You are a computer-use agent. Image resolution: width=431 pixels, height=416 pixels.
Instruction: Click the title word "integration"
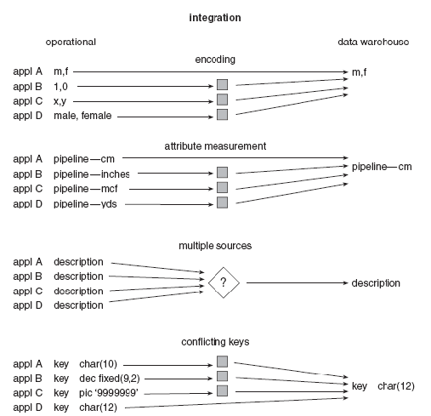pyautogui.click(x=215, y=18)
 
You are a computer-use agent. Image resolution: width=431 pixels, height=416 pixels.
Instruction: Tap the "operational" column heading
pyautogui.click(x=71, y=43)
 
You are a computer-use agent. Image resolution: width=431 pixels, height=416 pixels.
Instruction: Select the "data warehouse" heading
pyautogui.click(x=373, y=42)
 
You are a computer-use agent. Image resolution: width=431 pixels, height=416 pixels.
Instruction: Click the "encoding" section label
pyautogui.click(x=215, y=60)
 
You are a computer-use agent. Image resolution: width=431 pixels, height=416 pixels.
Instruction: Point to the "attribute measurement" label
pyautogui.click(x=215, y=146)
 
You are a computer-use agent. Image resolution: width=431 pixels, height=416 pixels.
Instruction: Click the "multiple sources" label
pyautogui.click(x=215, y=246)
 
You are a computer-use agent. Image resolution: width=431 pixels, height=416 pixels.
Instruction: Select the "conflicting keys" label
pyautogui.click(x=215, y=342)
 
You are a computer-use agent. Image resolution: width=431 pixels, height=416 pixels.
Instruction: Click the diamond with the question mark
pyautogui.click(x=224, y=282)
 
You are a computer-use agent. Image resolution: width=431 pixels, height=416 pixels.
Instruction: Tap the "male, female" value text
pyautogui.click(x=82, y=116)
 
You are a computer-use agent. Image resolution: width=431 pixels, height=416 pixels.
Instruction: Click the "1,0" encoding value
pyautogui.click(x=60, y=87)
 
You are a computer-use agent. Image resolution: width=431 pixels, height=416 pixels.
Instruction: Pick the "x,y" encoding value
pyautogui.click(x=60, y=101)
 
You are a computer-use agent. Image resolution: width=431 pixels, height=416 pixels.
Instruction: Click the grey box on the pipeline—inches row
pyautogui.click(x=222, y=173)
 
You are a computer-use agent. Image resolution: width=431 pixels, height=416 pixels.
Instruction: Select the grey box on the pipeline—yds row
pyautogui.click(x=222, y=202)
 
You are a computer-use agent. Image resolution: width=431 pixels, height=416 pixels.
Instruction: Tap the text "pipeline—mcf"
pyautogui.click(x=85, y=189)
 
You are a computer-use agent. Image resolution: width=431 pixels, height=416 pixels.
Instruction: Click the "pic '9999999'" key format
pyautogui.click(x=109, y=393)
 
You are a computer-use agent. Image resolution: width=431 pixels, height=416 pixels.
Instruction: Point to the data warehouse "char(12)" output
pyautogui.click(x=396, y=386)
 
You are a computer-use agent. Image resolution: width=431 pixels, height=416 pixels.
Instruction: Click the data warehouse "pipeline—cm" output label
pyautogui.click(x=382, y=167)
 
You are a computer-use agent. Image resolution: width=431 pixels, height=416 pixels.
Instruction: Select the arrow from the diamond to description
pyautogui.click(x=297, y=282)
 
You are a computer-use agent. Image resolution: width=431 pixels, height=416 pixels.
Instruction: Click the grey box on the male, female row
pyautogui.click(x=222, y=115)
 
